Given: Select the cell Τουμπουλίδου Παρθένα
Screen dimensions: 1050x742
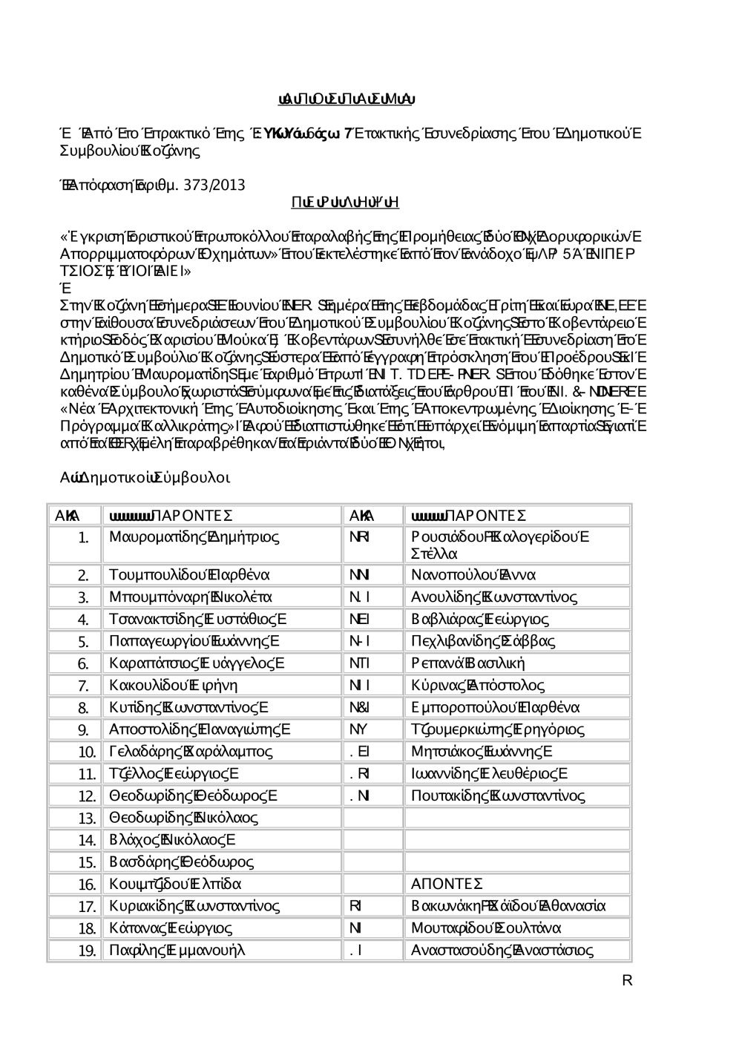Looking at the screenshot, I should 189,575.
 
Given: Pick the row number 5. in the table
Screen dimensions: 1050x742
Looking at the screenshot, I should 83,642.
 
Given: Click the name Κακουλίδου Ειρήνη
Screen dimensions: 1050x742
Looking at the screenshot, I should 173,686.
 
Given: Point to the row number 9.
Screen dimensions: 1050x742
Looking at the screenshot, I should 83,730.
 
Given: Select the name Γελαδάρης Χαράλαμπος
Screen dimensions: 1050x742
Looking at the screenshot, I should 191,752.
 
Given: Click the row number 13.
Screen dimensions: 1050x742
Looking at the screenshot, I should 87,818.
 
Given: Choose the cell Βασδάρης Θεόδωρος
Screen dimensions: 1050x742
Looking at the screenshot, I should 181,862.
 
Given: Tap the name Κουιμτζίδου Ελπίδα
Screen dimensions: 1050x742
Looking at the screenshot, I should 175,885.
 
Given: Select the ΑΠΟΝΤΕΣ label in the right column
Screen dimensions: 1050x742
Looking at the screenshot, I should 447,885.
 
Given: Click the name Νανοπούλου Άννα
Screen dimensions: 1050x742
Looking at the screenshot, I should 473,575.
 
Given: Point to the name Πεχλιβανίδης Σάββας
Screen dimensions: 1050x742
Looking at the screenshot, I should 482,641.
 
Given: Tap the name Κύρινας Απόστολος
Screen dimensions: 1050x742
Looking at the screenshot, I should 477,686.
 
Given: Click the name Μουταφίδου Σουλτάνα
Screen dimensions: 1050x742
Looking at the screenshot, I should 486,928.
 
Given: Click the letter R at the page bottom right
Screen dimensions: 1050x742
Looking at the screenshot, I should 627,981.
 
